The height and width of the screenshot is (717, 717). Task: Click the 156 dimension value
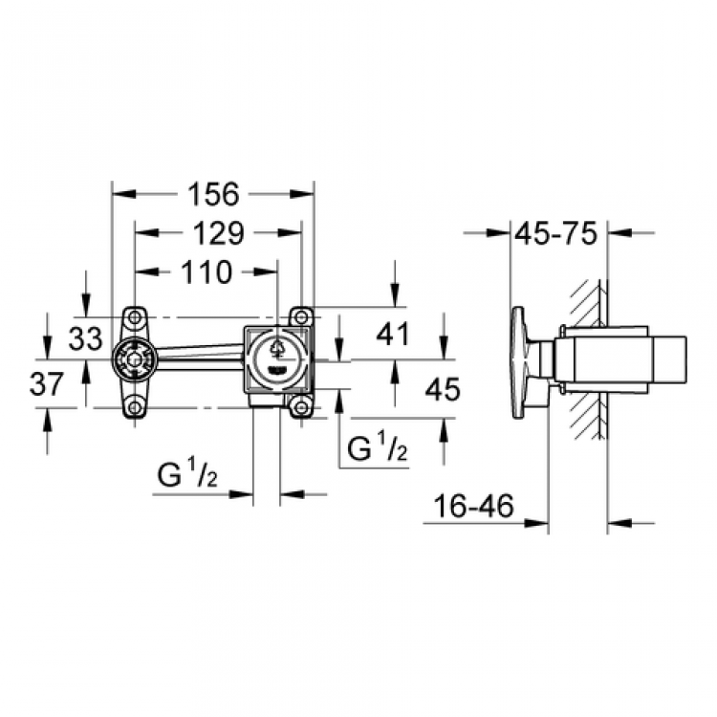[214, 194]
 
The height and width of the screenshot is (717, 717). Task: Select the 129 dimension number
[219, 233]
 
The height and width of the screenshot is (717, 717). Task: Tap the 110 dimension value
[207, 272]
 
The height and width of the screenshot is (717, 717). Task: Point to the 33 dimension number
[85, 338]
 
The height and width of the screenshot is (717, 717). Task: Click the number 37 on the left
[46, 383]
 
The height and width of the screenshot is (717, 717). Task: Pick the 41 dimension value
[392, 334]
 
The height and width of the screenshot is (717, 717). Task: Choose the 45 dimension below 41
[443, 390]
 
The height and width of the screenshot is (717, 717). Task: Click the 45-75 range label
[556, 233]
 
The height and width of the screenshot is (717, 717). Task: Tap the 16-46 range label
[474, 506]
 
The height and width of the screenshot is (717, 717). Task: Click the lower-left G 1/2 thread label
[187, 475]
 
